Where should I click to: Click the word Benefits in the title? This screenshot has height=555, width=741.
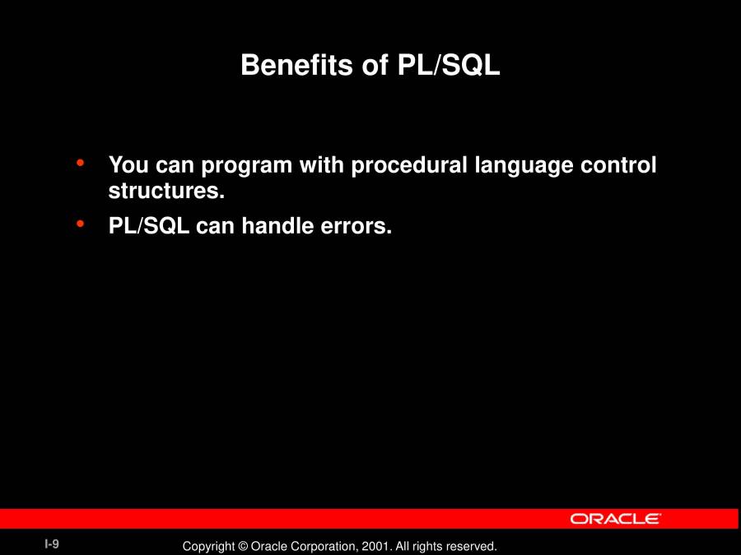click(296, 64)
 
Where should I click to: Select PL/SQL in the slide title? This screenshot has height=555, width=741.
click(449, 65)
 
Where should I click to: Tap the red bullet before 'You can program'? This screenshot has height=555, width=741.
click(80, 163)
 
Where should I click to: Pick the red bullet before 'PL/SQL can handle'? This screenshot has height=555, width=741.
click(80, 224)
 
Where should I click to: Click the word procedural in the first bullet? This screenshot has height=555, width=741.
click(409, 165)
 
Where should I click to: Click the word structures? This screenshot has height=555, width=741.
click(166, 191)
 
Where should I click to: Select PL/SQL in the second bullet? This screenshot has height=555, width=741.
click(149, 225)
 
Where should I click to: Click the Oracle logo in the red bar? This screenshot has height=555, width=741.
click(615, 519)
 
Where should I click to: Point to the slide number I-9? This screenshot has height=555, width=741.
click(52, 544)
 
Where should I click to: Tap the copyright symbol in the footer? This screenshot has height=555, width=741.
click(243, 547)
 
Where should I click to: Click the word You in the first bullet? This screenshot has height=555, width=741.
click(128, 165)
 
